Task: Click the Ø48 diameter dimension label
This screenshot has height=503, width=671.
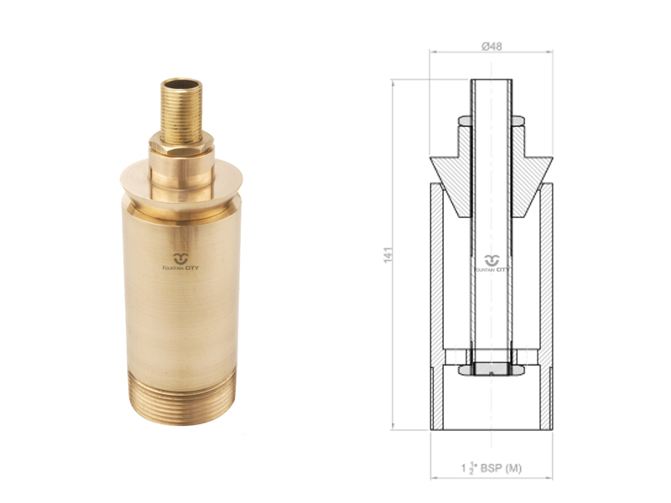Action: point(492,46)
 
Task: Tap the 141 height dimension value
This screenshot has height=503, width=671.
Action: point(388,255)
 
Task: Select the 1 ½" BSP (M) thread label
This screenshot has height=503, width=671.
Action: point(492,469)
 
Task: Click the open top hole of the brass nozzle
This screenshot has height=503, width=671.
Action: point(181,83)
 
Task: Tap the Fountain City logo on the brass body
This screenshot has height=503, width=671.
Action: point(180,262)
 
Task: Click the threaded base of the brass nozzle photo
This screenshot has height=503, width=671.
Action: point(181,397)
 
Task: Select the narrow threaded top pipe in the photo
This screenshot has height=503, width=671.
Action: point(181,111)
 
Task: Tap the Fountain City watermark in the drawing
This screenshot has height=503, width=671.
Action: point(492,263)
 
